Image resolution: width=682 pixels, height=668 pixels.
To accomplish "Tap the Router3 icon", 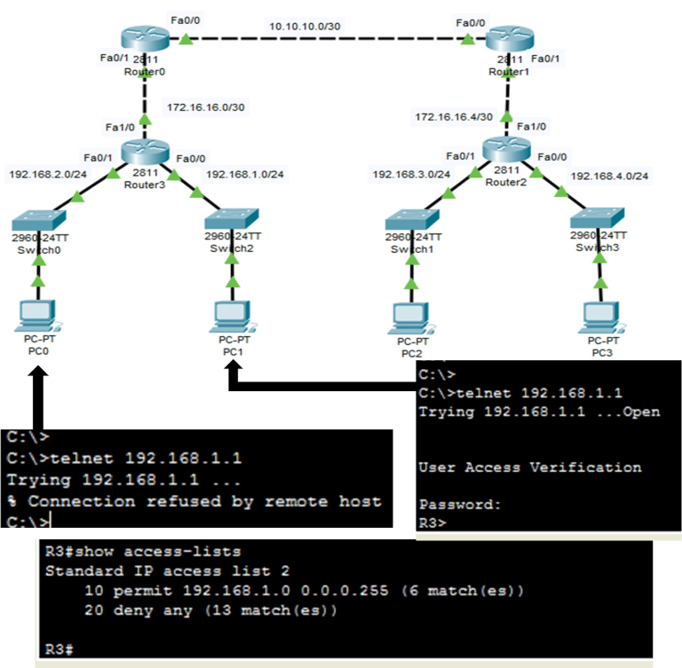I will click(x=145, y=151).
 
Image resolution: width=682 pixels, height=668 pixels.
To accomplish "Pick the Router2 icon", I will click(x=507, y=151).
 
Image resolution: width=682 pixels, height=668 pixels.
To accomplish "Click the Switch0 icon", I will click(x=37, y=219).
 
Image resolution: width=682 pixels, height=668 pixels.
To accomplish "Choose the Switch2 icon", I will click(x=232, y=219).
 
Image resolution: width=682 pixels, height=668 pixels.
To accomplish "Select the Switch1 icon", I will click(x=410, y=219).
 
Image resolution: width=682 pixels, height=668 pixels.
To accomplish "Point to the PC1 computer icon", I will click(x=233, y=315).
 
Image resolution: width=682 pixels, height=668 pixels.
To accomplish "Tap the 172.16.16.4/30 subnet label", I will click(x=454, y=116).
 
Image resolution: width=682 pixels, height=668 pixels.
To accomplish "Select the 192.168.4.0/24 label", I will click(x=609, y=176).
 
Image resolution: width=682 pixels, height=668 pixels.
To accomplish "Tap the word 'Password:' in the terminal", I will click(x=460, y=504).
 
